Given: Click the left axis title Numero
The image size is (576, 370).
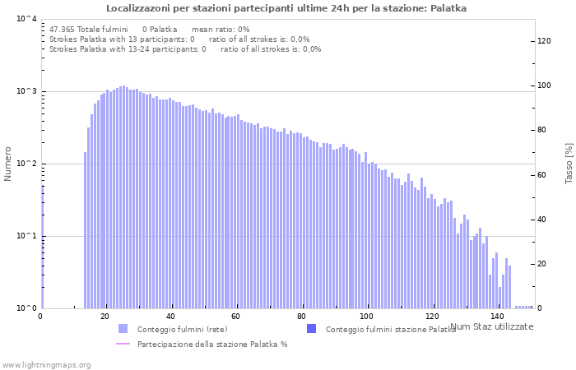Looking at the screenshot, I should [x=8, y=164].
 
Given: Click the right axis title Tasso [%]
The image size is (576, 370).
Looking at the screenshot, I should [x=569, y=163].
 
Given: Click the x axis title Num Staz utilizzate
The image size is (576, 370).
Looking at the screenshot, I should [x=492, y=327].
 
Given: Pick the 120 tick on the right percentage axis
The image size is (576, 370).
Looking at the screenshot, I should [x=544, y=40].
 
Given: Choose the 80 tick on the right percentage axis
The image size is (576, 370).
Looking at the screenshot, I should [x=544, y=130].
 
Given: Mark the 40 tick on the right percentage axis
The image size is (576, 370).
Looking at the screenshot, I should [x=544, y=220].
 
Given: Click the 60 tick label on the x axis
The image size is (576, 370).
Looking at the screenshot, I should [x=235, y=317].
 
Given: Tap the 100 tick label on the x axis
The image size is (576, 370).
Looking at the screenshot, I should [x=366, y=317].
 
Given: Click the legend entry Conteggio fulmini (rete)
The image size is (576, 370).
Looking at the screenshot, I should [x=182, y=330].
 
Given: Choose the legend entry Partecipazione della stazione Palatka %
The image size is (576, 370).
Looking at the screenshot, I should [x=211, y=345].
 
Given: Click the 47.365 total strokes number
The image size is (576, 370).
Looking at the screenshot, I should [x=63, y=30].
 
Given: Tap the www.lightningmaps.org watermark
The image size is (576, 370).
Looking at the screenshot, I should [x=46, y=364].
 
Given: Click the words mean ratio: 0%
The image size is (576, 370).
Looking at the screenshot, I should [x=220, y=30].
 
